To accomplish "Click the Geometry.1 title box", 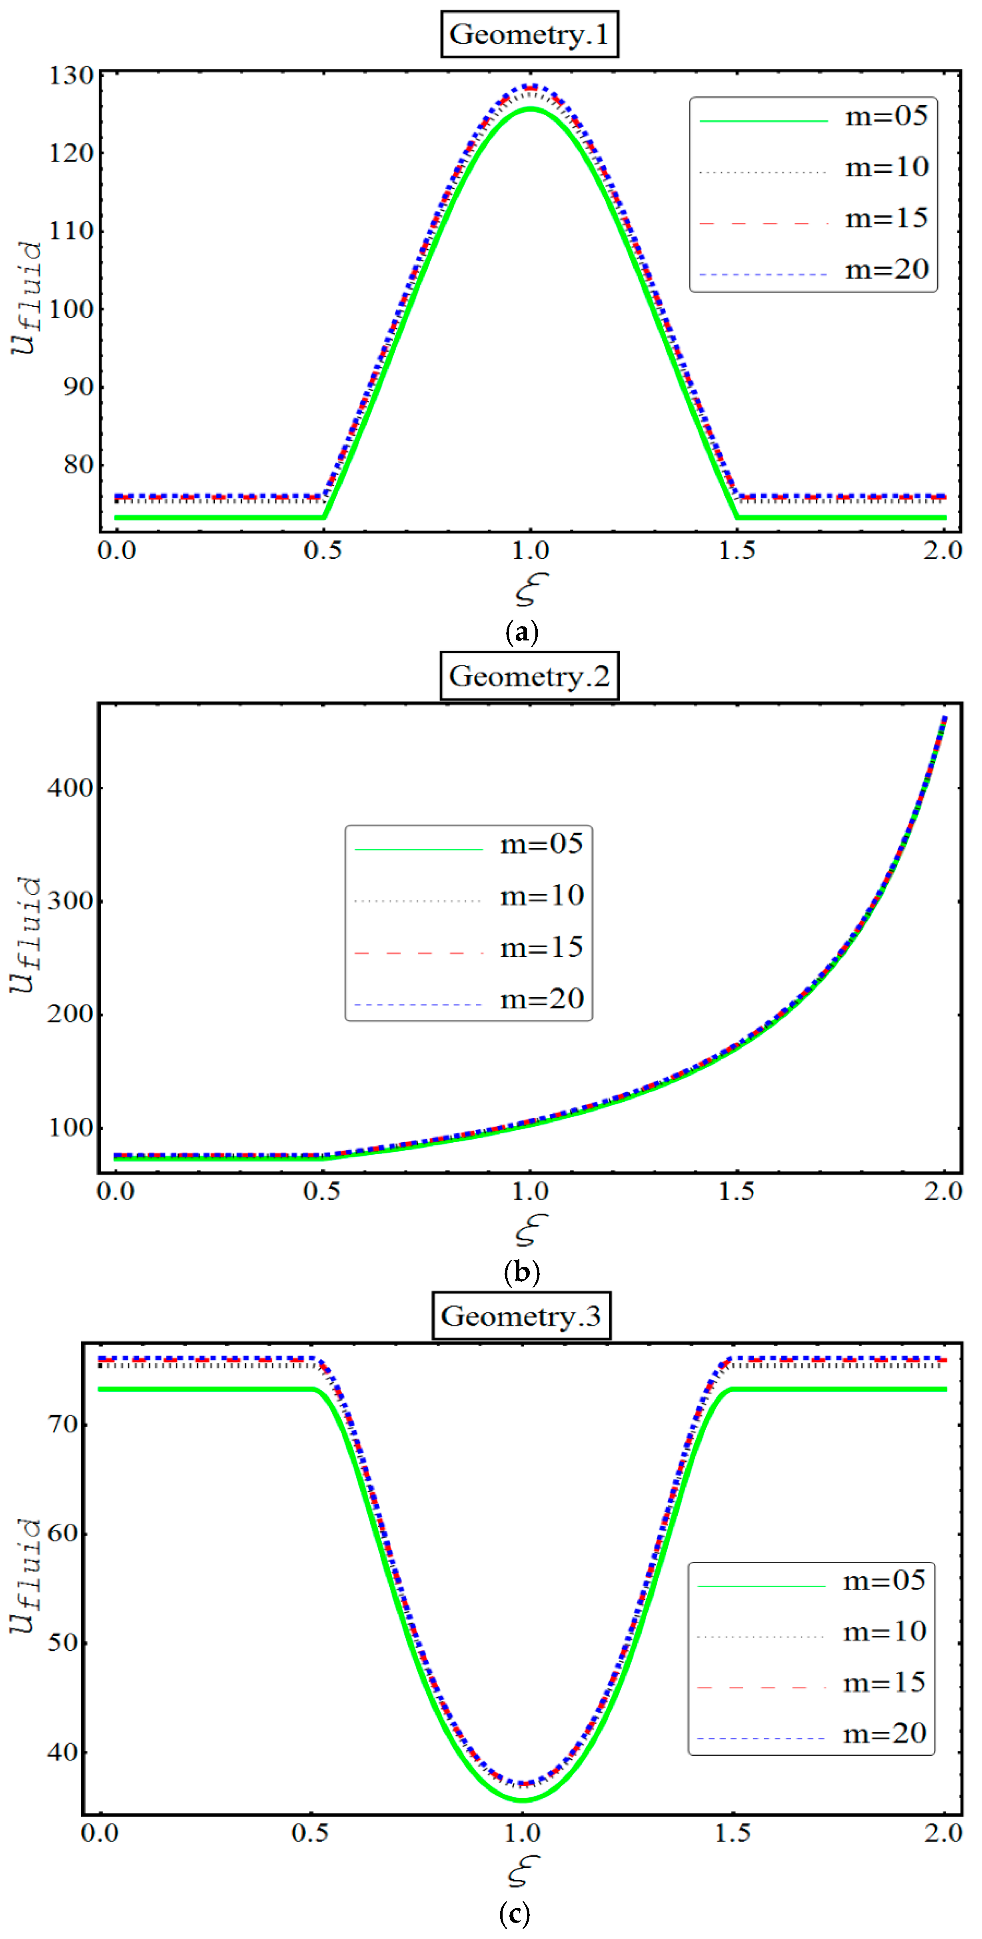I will pyautogui.click(x=529, y=35).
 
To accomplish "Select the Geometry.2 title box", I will pyautogui.click(x=529, y=676).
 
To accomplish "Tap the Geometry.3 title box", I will pyautogui.click(x=521, y=1316).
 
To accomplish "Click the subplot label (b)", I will pyautogui.click(x=521, y=1272).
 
